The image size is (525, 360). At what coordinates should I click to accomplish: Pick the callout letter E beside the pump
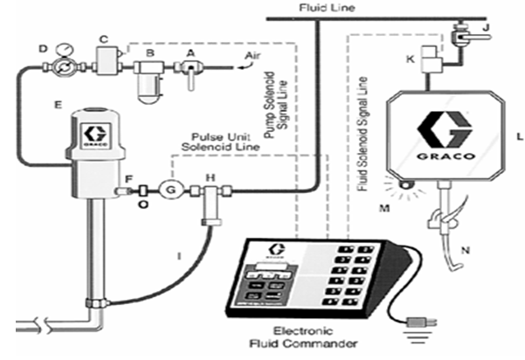pyautogui.click(x=56, y=104)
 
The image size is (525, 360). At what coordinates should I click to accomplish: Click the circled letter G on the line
pyautogui.click(x=171, y=187)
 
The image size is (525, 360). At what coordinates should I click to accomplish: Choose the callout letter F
pyautogui.click(x=129, y=179)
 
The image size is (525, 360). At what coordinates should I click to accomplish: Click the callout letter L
pyautogui.click(x=519, y=136)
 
